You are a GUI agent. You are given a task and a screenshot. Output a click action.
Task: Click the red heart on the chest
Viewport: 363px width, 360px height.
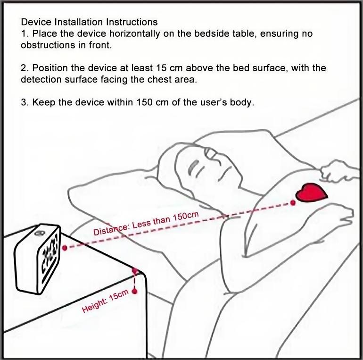pos(311,193)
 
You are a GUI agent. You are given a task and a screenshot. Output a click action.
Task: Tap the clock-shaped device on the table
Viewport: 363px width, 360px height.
pos(38,259)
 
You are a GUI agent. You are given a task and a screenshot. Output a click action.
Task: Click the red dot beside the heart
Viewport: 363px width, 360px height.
pos(293,203)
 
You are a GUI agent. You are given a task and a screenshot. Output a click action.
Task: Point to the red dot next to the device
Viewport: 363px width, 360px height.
pos(65,248)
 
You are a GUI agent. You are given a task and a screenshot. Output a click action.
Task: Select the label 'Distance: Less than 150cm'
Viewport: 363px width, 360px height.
pos(146,223)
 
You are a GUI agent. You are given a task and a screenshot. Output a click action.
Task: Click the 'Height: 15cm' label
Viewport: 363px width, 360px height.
pos(105,301)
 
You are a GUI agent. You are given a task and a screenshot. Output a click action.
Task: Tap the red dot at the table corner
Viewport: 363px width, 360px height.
pos(135,270)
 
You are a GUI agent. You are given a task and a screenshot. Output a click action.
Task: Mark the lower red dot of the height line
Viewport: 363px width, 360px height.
pos(134,292)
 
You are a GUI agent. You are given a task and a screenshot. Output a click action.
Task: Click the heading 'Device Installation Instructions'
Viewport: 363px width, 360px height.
pos(90,22)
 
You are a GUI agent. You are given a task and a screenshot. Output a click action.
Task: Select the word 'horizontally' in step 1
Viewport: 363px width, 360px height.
pos(134,34)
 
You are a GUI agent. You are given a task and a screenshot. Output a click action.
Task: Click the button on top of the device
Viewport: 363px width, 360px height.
pos(40,233)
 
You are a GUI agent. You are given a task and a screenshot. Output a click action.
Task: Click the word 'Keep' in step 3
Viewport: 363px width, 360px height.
pos(44,103)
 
